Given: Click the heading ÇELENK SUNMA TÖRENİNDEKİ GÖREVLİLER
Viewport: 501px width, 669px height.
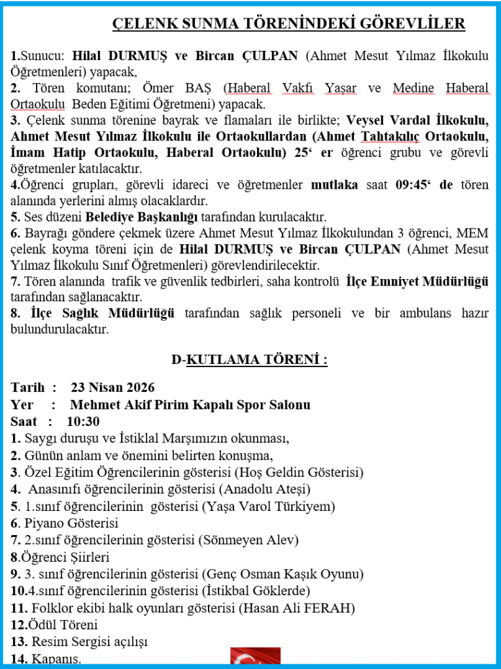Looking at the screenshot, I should click(288, 24).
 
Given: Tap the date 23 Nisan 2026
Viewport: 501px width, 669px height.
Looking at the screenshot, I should click(112, 388).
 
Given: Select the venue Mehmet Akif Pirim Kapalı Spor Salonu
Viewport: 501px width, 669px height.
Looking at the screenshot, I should click(190, 405).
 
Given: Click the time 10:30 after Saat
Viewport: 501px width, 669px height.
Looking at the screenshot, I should click(83, 422).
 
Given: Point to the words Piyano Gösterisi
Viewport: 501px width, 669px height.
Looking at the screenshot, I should click(71, 523).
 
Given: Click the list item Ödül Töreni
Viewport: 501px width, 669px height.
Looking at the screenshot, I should click(60, 625).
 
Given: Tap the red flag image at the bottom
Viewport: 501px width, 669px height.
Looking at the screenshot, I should click(255, 658).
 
